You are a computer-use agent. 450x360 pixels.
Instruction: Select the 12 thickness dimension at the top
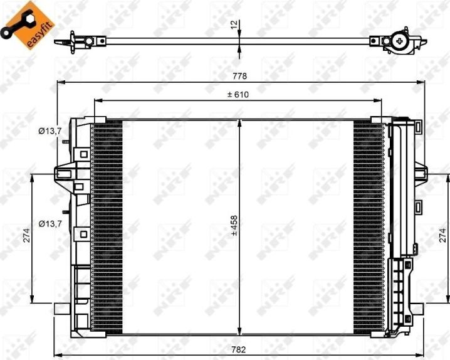coord(234,24)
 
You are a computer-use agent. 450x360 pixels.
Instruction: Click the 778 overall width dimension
coord(239,76)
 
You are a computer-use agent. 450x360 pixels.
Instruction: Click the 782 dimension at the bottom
coord(239,349)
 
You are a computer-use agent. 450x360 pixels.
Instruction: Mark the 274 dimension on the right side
coord(443,235)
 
